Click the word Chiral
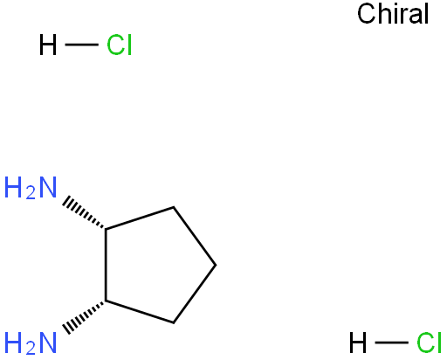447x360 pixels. [x=393, y=13]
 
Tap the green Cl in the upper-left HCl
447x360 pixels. [x=120, y=45]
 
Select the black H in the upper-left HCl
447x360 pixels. [x=48, y=45]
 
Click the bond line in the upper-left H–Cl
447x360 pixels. [x=81, y=45]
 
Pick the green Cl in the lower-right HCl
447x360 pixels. [x=430, y=343]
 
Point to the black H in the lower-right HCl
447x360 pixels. [x=358, y=343]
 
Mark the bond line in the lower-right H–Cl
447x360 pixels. [x=391, y=343]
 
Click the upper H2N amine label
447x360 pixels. [x=31, y=188]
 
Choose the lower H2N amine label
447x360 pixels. [x=31, y=343]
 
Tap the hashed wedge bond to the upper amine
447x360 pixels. [x=84, y=213]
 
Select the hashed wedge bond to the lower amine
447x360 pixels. [x=84, y=317]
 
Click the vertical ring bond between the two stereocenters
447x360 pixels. [x=106, y=265]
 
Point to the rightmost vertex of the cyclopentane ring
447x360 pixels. [x=216, y=265]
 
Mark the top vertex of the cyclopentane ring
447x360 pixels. [x=174, y=207]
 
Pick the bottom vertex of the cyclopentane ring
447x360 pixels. [x=174, y=322]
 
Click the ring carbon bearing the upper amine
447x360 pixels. [x=106, y=229]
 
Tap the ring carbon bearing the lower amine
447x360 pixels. [x=106, y=301]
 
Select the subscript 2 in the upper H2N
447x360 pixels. [x=31, y=193]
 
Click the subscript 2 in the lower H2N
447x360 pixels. [x=31, y=349]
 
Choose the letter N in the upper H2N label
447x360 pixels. [x=48, y=187]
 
